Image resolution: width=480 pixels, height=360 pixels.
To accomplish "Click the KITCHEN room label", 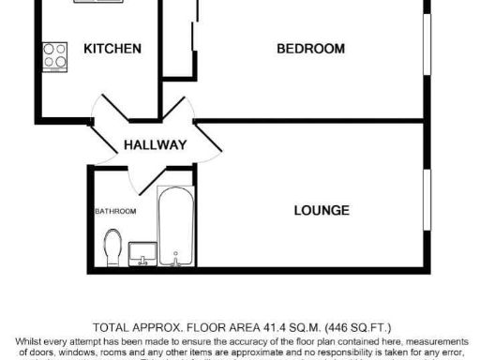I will point(112,49).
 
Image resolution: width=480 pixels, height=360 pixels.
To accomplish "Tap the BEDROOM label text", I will point(310,49).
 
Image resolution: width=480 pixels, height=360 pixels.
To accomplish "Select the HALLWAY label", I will point(156,145).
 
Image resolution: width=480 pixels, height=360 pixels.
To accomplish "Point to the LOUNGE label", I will point(322,210).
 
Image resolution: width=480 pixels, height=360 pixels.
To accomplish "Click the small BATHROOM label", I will point(115,212).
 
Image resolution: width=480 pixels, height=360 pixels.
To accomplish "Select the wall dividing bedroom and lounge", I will point(309,121).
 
